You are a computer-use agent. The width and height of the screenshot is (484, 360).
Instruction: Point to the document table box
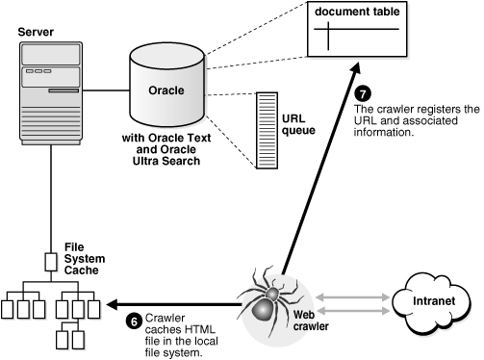point(353,35)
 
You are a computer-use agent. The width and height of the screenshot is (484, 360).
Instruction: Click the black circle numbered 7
point(363,94)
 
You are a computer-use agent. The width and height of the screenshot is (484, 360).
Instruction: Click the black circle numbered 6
point(134,321)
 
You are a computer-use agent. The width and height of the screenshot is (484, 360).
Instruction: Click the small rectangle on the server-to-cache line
point(52,261)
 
